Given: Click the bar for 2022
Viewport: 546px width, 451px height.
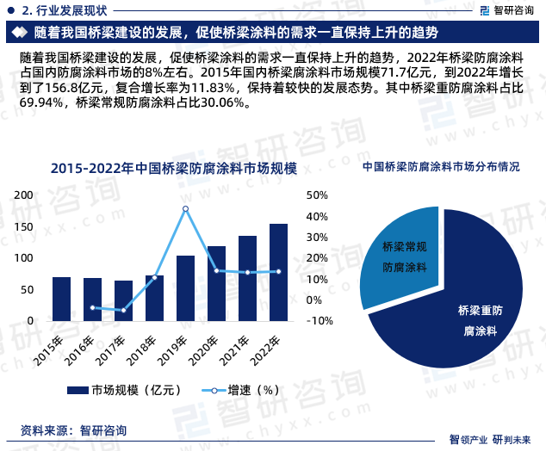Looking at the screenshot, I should [x=278, y=272].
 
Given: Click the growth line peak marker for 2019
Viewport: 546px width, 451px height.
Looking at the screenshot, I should [x=185, y=208].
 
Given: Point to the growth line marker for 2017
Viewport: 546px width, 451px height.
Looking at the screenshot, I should [x=123, y=310].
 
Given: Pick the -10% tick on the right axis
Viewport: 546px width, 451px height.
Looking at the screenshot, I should [x=320, y=321].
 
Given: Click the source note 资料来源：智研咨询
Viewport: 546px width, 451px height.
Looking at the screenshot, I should [x=73, y=429].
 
